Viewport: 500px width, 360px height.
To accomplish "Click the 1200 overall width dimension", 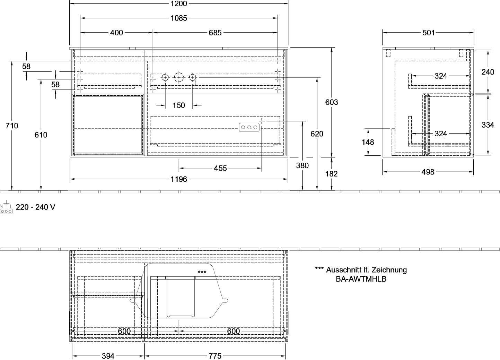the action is tap(178, 3).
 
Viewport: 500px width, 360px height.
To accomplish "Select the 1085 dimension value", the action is tap(178, 18).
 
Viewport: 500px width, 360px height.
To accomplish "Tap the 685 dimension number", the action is tap(215, 33).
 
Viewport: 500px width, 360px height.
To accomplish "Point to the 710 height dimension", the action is tap(12, 126).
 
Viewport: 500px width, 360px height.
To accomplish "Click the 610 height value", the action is tap(41, 135).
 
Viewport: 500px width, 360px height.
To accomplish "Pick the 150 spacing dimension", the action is tap(179, 105).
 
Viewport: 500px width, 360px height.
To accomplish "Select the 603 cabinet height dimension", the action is tap(332, 102).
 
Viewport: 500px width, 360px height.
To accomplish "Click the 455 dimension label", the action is tap(220, 168).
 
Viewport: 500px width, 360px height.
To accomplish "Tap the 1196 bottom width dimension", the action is tap(179, 179).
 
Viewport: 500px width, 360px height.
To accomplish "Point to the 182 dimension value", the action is tap(331, 174).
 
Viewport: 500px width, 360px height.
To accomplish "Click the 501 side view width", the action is tap(429, 33).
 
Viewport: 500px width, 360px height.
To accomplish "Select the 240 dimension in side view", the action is tap(488, 72).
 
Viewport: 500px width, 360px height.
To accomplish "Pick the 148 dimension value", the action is tap(368, 142).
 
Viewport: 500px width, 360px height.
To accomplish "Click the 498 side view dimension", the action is tap(428, 172).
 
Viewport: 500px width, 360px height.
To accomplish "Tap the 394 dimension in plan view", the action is tap(108, 356).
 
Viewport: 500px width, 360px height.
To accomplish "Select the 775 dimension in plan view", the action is tap(215, 356).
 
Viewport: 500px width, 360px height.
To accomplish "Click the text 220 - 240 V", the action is tap(35, 207).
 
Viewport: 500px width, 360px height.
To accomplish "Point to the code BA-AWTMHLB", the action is tap(361, 279).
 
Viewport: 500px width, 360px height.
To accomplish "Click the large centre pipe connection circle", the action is tap(179, 78).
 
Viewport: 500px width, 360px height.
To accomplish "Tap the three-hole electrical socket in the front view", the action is tap(249, 127).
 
